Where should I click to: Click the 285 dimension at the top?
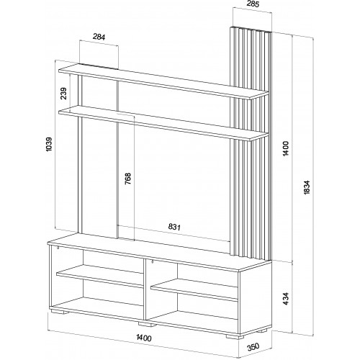(253, 4)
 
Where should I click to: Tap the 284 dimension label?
(99, 37)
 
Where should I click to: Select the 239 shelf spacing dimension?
(63, 94)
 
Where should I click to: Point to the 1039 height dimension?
(48, 144)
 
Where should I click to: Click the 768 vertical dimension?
(128, 179)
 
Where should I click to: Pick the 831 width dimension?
(174, 227)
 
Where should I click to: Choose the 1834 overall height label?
(307, 187)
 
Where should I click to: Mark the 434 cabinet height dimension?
(286, 299)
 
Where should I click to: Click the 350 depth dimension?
(253, 346)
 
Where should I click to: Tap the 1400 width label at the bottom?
(144, 338)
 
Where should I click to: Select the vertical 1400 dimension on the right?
(286, 148)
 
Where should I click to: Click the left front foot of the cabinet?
(60, 312)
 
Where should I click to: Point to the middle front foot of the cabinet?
(147, 325)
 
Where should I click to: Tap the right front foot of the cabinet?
(235, 336)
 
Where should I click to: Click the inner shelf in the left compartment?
(100, 276)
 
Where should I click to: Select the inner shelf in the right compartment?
(194, 289)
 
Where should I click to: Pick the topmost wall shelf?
(163, 81)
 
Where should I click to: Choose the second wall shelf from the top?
(163, 124)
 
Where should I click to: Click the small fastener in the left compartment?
(58, 247)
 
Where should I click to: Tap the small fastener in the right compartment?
(152, 261)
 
